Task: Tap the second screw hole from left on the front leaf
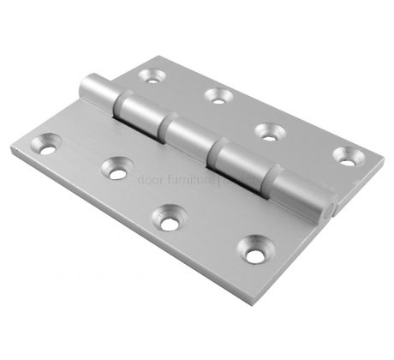pos(114,169)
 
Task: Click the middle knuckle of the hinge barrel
pos(188,137)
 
